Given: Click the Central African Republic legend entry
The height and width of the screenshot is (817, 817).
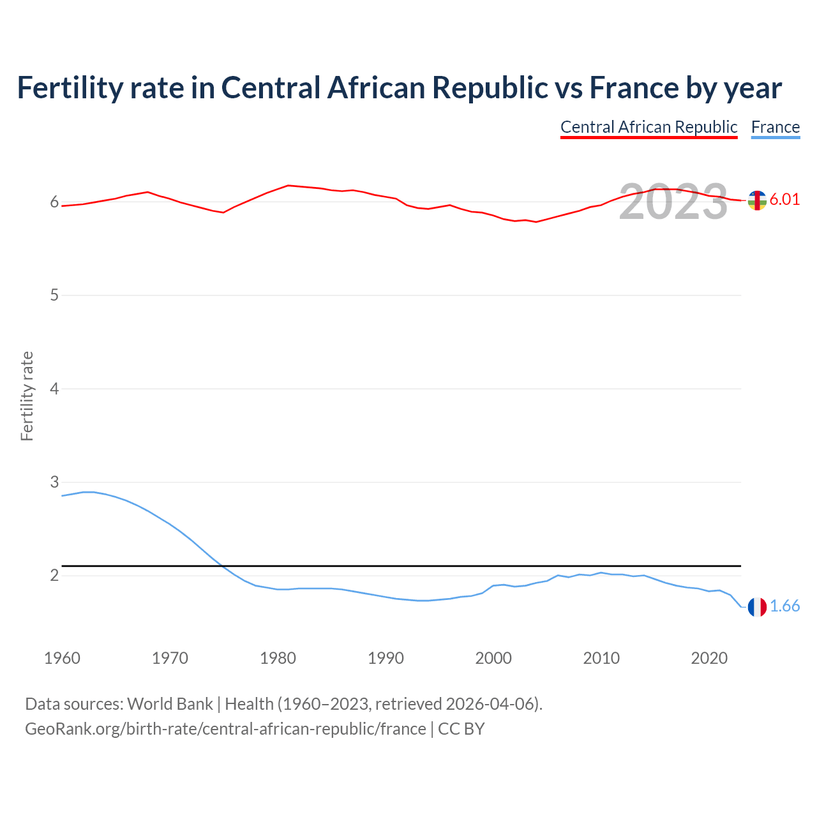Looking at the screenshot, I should point(648,127).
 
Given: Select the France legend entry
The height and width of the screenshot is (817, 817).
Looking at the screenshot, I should point(775,127).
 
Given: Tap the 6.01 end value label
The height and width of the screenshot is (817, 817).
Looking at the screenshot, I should point(784,199).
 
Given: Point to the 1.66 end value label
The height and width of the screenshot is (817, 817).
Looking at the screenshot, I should point(784,606).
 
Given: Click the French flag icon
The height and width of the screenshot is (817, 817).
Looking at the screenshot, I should point(757,607).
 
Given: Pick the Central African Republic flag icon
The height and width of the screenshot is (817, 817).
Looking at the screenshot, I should point(757,200).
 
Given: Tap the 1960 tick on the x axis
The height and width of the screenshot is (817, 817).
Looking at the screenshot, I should point(62,658).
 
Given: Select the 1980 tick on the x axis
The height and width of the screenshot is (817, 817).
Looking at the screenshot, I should point(278,658).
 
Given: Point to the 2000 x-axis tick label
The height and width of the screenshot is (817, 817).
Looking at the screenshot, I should point(493,658).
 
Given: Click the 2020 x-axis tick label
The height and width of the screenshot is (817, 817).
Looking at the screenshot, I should point(709,658).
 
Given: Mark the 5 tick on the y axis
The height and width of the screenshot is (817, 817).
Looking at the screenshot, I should point(54,296).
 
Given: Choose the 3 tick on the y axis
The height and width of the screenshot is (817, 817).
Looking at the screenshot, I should point(54,482).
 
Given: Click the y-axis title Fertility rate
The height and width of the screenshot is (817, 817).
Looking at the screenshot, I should point(27,396).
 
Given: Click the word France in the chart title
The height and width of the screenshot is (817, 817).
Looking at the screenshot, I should point(634,88).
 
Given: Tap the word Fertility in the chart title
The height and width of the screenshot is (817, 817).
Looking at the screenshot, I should point(70,88).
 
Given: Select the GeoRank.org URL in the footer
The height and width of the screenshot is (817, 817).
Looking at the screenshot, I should point(225,729).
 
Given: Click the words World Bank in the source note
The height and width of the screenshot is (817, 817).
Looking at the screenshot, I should point(170,704).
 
